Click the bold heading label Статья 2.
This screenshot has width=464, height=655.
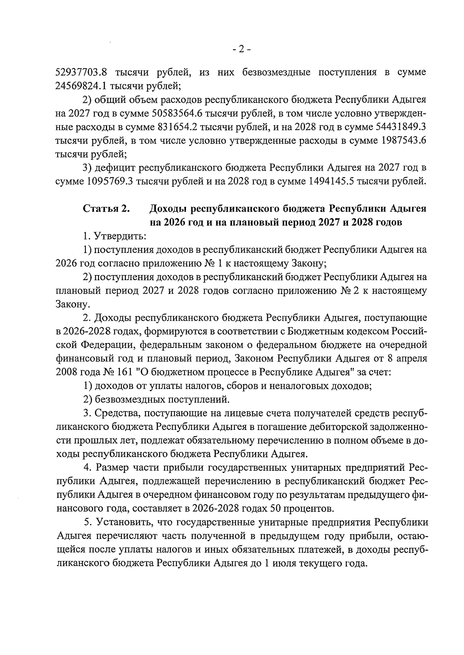(106, 209)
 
